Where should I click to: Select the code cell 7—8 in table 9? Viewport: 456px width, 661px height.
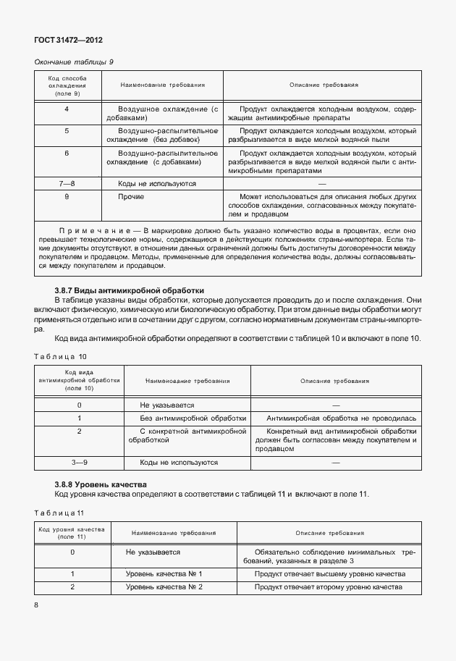click(67, 184)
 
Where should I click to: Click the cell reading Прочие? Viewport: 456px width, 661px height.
click(131, 196)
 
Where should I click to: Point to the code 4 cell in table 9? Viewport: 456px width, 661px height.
click(67, 109)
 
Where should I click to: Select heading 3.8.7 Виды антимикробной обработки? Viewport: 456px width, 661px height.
click(119, 290)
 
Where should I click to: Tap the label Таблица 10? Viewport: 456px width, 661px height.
click(60, 356)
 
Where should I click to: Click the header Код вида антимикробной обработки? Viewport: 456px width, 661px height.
click(79, 380)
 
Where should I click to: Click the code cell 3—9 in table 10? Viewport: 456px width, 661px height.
click(79, 462)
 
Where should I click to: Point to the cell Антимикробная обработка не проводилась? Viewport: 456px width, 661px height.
click(341, 418)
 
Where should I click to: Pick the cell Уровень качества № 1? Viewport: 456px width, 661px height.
click(164, 574)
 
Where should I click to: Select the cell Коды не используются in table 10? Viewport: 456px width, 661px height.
click(179, 462)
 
